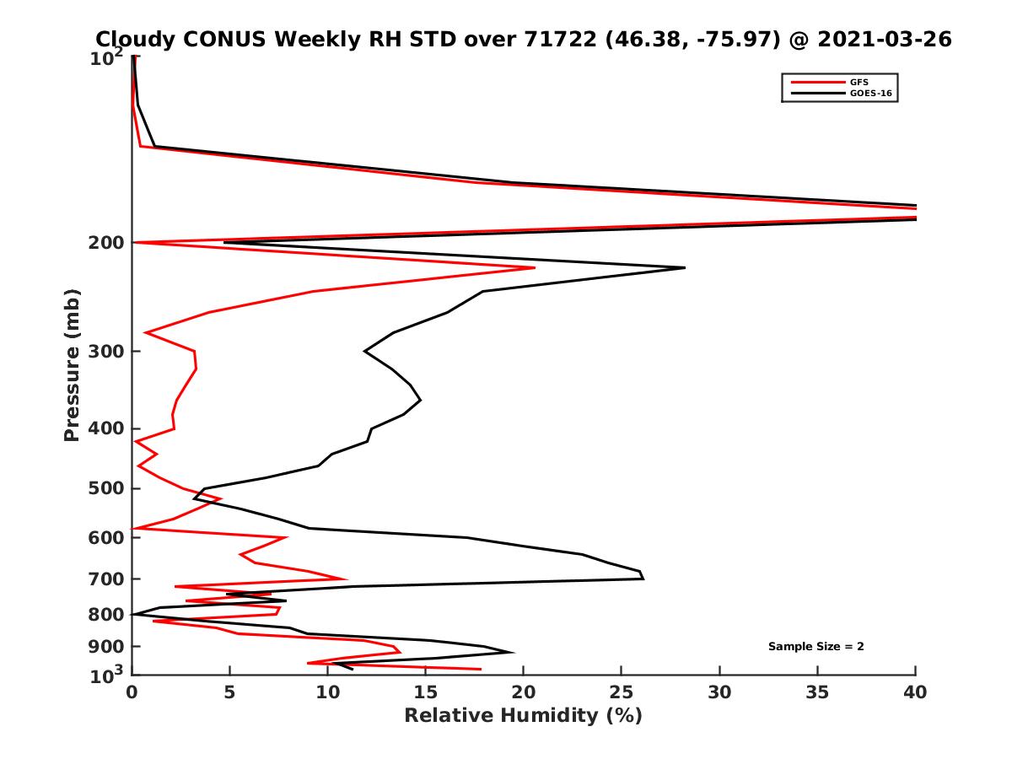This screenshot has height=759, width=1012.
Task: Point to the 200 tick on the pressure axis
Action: coord(108,243)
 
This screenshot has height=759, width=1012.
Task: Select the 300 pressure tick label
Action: coord(108,351)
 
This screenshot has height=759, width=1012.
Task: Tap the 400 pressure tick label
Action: coord(108,428)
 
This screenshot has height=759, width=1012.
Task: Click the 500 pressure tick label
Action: coord(108,488)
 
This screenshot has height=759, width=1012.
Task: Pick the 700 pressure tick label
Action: coord(108,579)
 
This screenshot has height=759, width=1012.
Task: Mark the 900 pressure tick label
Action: coord(108,647)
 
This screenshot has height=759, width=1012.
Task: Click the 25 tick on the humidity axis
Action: coord(622,692)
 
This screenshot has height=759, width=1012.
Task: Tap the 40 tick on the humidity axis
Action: coord(915,692)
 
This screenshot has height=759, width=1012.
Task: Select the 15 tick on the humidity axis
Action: coord(425,692)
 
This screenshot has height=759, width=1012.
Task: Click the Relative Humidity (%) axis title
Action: coord(524,716)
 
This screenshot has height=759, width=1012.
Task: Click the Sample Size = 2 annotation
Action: coord(816,647)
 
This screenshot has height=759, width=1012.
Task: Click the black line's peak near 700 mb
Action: coord(643,578)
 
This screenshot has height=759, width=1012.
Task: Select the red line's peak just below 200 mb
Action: coord(535,268)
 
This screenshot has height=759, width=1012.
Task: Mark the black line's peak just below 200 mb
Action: coord(684,268)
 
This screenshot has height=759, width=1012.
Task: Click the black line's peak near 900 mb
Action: coord(513,652)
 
